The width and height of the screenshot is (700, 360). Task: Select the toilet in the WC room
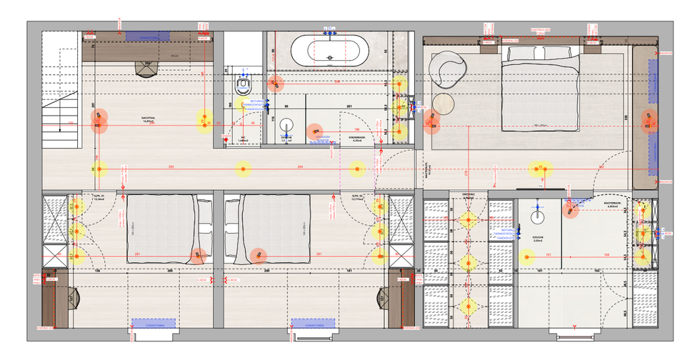point(244,86)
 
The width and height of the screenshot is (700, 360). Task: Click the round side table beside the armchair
point(444,104)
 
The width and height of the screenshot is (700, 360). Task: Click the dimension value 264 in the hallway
point(300,167)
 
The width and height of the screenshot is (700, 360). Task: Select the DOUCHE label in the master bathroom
point(539,239)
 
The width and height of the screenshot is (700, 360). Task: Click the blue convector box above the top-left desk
point(148,36)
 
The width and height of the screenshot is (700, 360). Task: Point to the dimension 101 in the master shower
point(548,255)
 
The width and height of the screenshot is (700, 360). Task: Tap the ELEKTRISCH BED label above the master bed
point(540,30)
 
